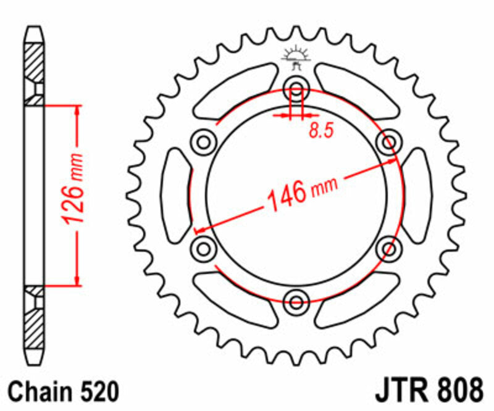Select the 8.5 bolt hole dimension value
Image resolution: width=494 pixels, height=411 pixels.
[319, 130]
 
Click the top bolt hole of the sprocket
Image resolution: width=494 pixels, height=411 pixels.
[296, 90]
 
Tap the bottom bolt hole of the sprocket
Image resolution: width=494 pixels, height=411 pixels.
[296, 302]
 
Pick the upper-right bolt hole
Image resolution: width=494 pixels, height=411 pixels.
[388, 143]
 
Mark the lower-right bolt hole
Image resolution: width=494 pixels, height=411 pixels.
[388, 249]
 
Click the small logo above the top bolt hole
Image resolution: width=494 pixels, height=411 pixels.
[296, 57]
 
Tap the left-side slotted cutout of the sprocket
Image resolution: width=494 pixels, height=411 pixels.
[175, 196]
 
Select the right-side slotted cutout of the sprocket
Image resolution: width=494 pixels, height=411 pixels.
[417, 196]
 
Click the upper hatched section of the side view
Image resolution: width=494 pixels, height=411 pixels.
[35, 62]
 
